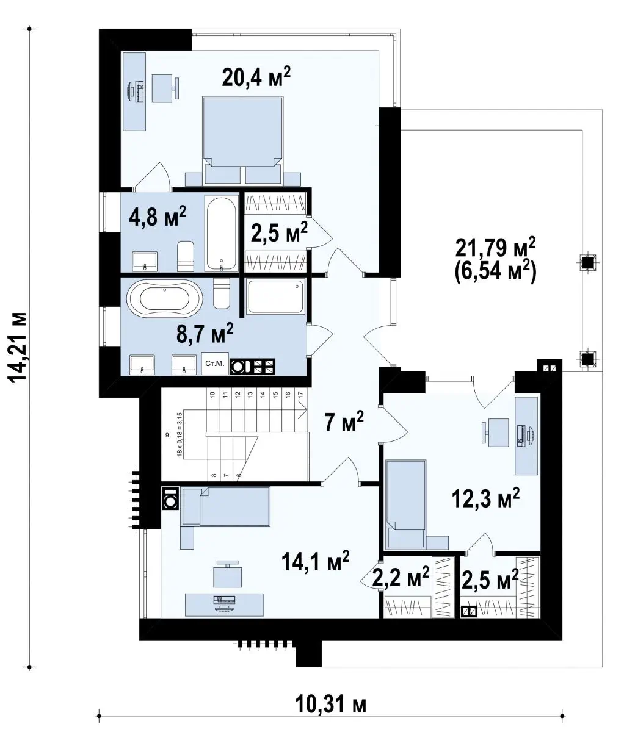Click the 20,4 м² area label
256,77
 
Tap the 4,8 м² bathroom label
158,217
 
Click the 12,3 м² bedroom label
486,498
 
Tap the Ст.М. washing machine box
215,363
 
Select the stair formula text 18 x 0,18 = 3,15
180,434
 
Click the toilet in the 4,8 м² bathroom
186,256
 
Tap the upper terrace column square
588,262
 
